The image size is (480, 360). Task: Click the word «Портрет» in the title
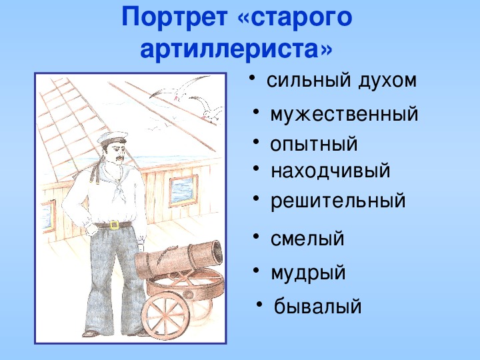pyautogui.click(x=175, y=17)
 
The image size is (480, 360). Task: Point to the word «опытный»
pyautogui.click(x=314, y=144)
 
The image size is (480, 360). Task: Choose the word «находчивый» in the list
pyautogui.click(x=331, y=171)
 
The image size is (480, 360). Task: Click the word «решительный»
pyautogui.click(x=338, y=201)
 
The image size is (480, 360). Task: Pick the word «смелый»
pyautogui.click(x=307, y=239)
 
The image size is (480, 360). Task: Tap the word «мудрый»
pyautogui.click(x=308, y=273)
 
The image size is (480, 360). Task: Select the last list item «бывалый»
pyautogui.click(x=318, y=306)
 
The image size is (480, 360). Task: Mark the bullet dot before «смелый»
pyautogui.click(x=256, y=237)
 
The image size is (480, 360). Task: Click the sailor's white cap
pyautogui.click(x=112, y=138)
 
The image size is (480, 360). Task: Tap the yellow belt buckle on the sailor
pyautogui.click(x=115, y=225)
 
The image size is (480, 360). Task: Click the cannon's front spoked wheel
pyautogui.click(x=165, y=315)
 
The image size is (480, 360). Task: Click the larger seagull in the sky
pyautogui.click(x=177, y=89)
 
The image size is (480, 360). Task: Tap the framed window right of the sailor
pyautogui.click(x=183, y=191)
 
